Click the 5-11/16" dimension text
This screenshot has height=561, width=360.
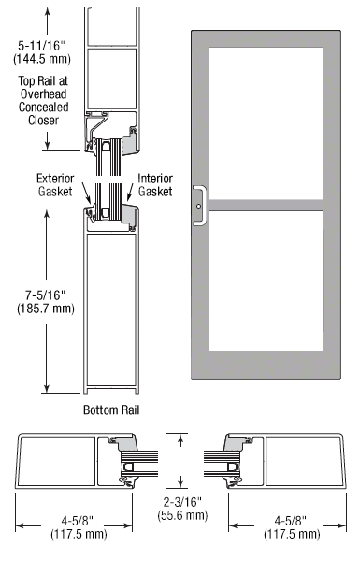pyautogui.click(x=42, y=46)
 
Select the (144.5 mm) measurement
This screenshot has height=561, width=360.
pyautogui.click(x=42, y=58)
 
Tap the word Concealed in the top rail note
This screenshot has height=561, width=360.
pyautogui.click(x=43, y=107)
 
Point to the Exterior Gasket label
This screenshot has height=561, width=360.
pyautogui.click(x=55, y=184)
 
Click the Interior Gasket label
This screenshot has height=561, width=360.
pyautogui.click(x=155, y=184)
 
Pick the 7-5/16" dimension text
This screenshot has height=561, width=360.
pyautogui.click(x=46, y=295)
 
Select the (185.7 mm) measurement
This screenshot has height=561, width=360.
pyautogui.click(x=46, y=308)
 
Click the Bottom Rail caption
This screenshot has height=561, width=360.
pyautogui.click(x=111, y=410)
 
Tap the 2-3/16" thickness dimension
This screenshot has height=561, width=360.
pyautogui.click(x=182, y=502)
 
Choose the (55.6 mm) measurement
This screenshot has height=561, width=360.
pyautogui.click(x=182, y=515)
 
